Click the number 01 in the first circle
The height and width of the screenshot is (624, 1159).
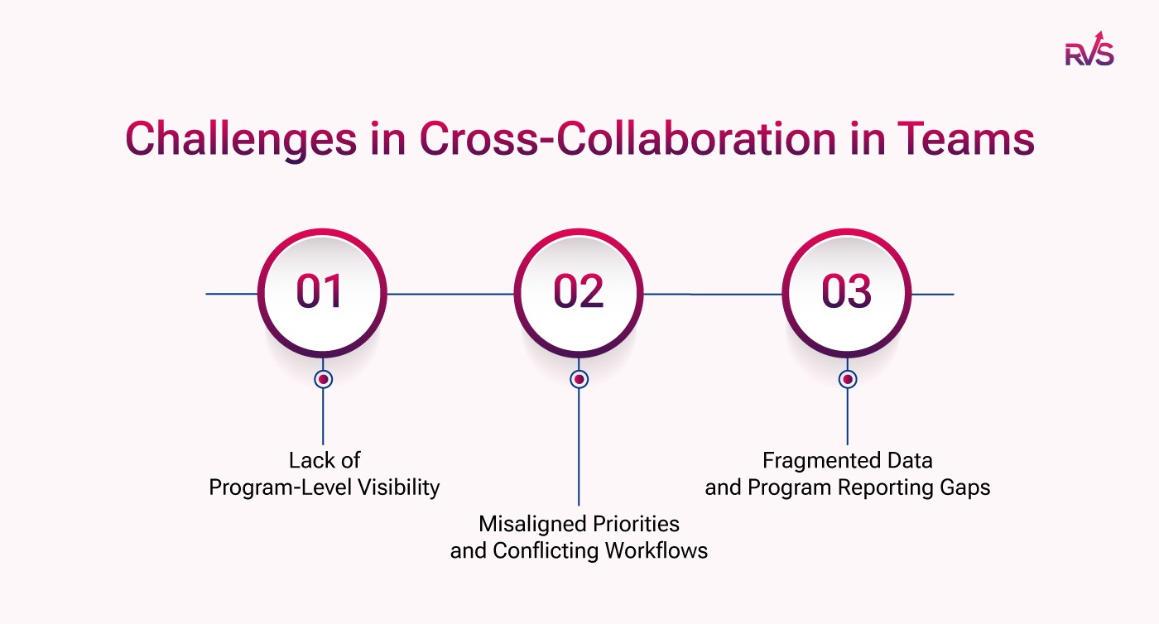(320, 292)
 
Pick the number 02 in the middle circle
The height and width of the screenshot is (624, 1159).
(579, 292)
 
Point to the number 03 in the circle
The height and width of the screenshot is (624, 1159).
(846, 292)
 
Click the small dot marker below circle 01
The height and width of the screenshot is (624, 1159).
(323, 379)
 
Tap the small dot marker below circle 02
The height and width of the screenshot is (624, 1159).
(579, 379)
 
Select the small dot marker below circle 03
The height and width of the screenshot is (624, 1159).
(847, 379)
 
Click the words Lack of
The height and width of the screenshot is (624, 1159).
(325, 460)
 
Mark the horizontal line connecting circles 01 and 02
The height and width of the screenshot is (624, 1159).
(450, 294)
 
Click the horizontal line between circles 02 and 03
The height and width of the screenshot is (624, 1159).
(712, 294)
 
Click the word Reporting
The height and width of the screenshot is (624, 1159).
(887, 487)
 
